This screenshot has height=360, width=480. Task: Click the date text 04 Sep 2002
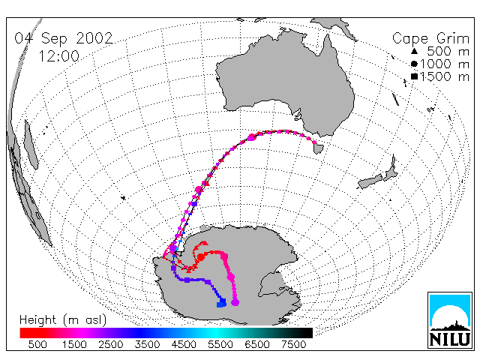tap(64, 38)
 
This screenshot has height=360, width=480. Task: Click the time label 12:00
tap(58, 56)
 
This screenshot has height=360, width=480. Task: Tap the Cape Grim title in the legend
tap(430, 39)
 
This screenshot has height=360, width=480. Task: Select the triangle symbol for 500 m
tap(414, 51)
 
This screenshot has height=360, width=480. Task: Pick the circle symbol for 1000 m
tap(414, 64)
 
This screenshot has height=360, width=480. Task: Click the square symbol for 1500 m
tap(414, 76)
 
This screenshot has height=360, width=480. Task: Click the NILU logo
tap(450, 320)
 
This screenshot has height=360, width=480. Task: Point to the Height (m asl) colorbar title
tap(63, 320)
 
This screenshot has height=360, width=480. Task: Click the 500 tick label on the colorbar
tap(37, 345)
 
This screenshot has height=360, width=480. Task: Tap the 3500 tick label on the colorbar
tap(147, 345)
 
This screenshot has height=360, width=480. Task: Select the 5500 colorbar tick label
tap(220, 345)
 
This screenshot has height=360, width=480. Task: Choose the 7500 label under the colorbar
tap(293, 345)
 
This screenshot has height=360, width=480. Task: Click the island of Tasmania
tap(318, 148)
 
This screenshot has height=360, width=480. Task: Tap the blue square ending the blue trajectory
tap(221, 303)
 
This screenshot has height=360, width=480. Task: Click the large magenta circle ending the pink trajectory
tap(235, 303)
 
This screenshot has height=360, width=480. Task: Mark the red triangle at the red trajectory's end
tap(205, 243)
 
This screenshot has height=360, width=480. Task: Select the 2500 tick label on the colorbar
tap(110, 345)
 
